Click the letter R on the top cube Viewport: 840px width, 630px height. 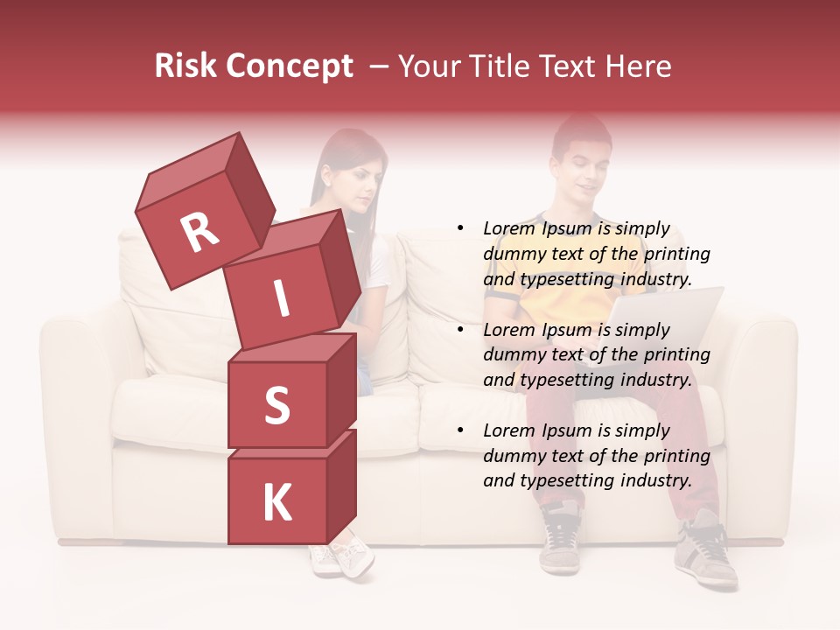[x=199, y=232]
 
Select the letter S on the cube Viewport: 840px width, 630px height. [x=276, y=404]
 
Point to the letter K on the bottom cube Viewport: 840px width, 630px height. [x=276, y=503]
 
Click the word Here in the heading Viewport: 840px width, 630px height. [x=638, y=66]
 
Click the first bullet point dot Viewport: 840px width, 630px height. [x=459, y=229]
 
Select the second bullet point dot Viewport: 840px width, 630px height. [x=459, y=330]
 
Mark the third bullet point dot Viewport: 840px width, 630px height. [x=459, y=430]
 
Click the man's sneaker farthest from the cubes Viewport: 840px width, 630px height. [x=705, y=551]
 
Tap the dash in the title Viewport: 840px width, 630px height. [x=380, y=66]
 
